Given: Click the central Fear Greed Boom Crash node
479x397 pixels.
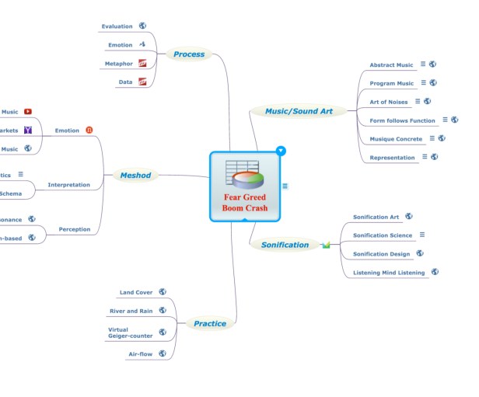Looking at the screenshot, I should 245,186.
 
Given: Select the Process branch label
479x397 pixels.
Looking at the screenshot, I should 189,54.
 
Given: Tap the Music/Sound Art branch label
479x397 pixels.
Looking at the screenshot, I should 299,111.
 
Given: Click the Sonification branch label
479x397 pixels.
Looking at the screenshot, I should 285,245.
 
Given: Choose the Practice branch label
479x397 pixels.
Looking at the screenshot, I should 210,323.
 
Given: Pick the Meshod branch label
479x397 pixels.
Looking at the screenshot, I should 135,176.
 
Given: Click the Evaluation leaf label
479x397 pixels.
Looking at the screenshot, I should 117,26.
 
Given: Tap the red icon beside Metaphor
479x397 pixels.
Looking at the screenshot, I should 142,63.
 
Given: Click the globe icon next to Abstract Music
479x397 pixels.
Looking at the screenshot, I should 433,64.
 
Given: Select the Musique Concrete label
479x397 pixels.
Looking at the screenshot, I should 396,139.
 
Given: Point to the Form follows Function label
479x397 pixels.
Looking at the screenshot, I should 402,120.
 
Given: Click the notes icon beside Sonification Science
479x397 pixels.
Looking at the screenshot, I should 422,235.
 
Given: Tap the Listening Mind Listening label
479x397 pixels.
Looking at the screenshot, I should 389,273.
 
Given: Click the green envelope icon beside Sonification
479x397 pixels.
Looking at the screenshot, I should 327,246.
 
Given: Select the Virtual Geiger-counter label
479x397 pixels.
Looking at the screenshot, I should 130,333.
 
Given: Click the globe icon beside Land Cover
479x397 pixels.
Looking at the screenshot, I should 163,292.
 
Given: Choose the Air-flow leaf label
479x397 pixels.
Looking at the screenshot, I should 140,354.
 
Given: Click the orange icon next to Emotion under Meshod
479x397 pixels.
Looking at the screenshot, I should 89,130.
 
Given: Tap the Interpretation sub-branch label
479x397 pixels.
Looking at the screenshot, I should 68,185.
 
